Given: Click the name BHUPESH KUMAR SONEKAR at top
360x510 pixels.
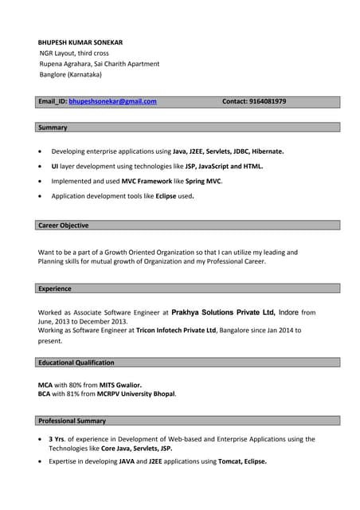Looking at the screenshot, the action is point(80,42).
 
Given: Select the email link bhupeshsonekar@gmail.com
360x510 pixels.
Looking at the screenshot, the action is point(112,102).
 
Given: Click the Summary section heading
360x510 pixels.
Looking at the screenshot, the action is point(53,127).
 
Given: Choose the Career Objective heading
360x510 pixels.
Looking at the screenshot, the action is point(64,226).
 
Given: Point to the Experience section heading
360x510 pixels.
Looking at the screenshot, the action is point(55,288).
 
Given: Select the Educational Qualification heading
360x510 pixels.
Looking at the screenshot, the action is point(76,363).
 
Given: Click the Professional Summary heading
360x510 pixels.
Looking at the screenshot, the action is point(72,421).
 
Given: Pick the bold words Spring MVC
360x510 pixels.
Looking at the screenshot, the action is point(203,181).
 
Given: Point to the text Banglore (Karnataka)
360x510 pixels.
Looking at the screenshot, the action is point(71,75).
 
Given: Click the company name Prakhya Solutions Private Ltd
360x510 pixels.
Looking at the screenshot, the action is point(223,313).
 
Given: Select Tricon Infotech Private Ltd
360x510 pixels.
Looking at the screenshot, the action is point(176,330).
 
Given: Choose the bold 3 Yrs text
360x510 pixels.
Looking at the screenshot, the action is point(57,439).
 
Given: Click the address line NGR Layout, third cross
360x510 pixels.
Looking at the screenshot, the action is point(75,53).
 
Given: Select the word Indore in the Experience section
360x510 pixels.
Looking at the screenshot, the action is point(288,313).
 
